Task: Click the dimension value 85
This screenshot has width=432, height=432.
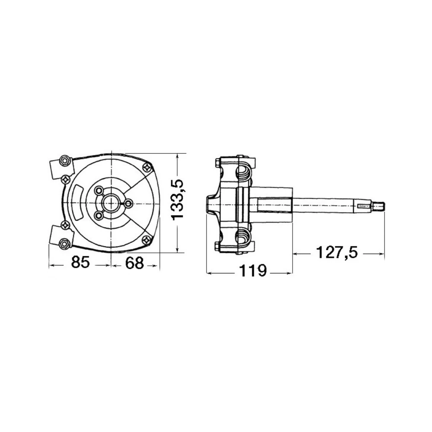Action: click(80, 262)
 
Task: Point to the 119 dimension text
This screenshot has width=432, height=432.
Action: click(253, 271)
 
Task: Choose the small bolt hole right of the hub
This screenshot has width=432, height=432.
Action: click(128, 202)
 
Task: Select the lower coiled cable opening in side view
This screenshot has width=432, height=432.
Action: click(243, 237)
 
